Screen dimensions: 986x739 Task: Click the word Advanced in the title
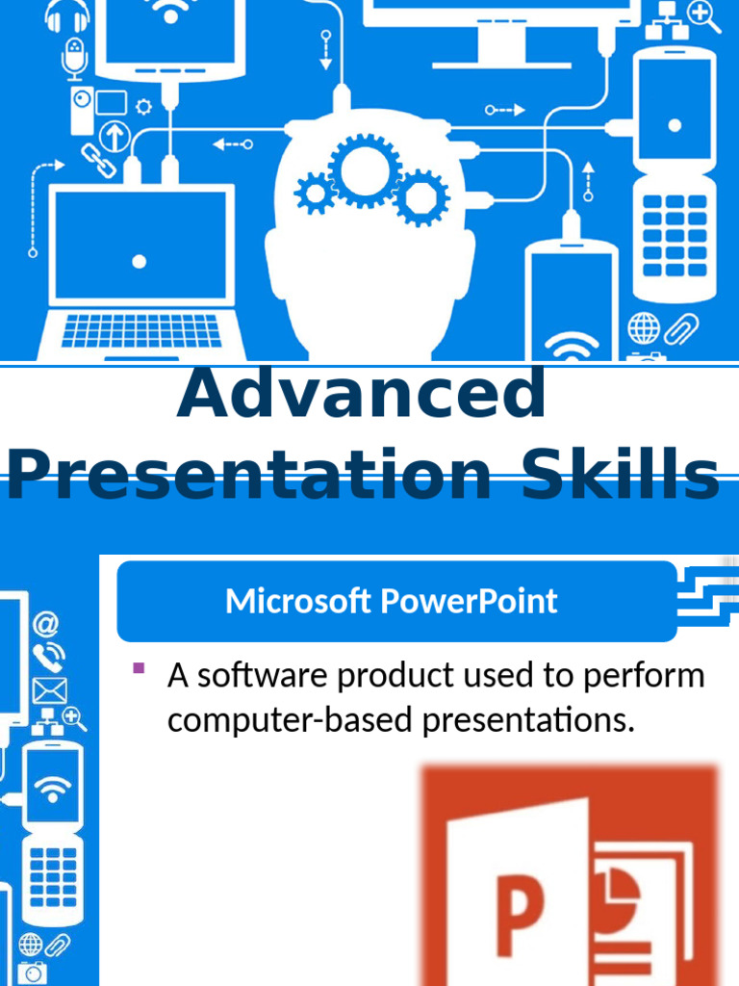(x=362, y=395)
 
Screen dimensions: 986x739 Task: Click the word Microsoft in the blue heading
(x=299, y=601)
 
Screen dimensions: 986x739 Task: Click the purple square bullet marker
(x=139, y=668)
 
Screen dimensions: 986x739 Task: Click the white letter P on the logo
(x=520, y=915)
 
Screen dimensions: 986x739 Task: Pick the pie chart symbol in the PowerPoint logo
(x=617, y=892)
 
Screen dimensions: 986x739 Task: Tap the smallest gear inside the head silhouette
(x=314, y=194)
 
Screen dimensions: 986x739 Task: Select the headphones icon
(x=67, y=16)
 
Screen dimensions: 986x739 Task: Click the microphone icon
(x=75, y=58)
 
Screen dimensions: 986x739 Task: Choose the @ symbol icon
(x=45, y=624)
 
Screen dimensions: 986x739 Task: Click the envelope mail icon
(x=49, y=689)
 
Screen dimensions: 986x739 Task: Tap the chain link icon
(x=97, y=160)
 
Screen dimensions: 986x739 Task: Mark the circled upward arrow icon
(x=115, y=136)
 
